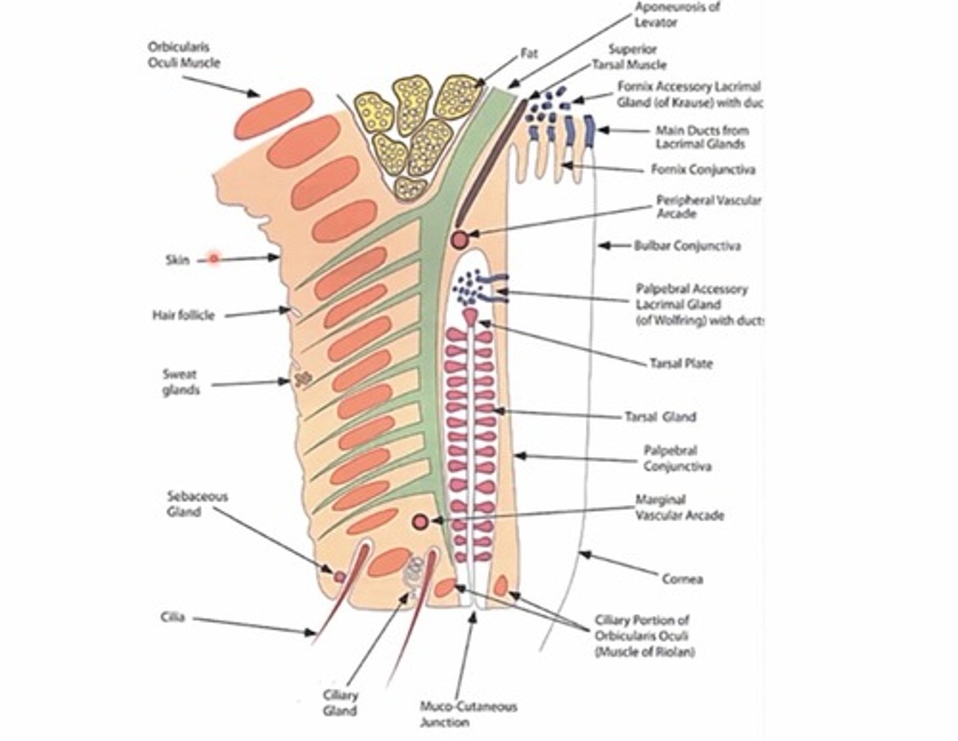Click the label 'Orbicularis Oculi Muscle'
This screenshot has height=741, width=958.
[184, 55]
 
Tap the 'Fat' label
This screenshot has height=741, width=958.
[529, 54]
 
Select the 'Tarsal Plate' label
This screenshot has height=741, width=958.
[681, 364]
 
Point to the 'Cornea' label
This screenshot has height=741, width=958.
[682, 579]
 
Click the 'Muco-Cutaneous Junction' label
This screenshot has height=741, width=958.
[468, 714]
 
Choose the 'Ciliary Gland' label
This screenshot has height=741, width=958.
[340, 702]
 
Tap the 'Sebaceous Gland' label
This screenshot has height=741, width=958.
[198, 504]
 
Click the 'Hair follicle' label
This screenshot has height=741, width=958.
[184, 315]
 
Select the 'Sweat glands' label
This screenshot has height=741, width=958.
[180, 382]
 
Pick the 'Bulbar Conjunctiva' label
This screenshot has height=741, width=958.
[687, 245]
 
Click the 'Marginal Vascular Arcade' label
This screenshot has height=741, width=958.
[679, 507]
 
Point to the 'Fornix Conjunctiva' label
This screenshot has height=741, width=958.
[703, 170]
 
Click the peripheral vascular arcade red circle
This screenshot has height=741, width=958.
[459, 239]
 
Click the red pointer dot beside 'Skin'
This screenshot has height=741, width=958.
[214, 258]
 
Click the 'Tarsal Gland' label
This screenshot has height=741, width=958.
[660, 417]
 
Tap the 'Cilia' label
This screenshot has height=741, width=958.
[172, 618]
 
